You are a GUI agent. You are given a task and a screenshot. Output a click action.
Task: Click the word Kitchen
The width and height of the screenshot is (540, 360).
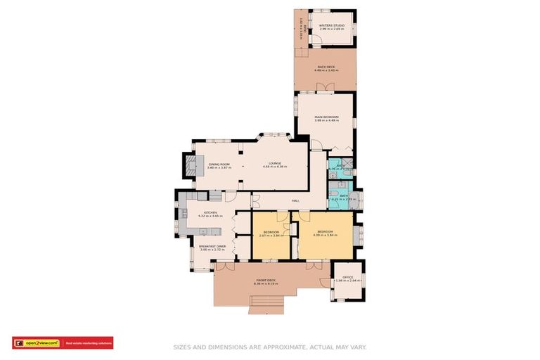[x=211, y=212]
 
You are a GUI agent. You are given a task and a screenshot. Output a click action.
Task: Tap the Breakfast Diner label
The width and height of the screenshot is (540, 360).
[x=212, y=247]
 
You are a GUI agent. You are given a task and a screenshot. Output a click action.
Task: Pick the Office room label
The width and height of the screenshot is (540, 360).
[x=348, y=278]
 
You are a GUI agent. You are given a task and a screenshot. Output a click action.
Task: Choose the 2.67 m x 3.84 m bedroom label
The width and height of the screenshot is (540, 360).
[x=270, y=233]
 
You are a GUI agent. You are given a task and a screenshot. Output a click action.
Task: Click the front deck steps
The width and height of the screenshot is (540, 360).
[x=266, y=304]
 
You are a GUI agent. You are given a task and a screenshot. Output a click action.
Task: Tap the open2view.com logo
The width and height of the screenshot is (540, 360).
[x=37, y=343]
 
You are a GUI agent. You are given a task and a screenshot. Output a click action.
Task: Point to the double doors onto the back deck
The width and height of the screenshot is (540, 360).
[x=324, y=88]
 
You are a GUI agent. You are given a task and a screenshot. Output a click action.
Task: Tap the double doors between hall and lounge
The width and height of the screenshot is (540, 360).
[x=257, y=199]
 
